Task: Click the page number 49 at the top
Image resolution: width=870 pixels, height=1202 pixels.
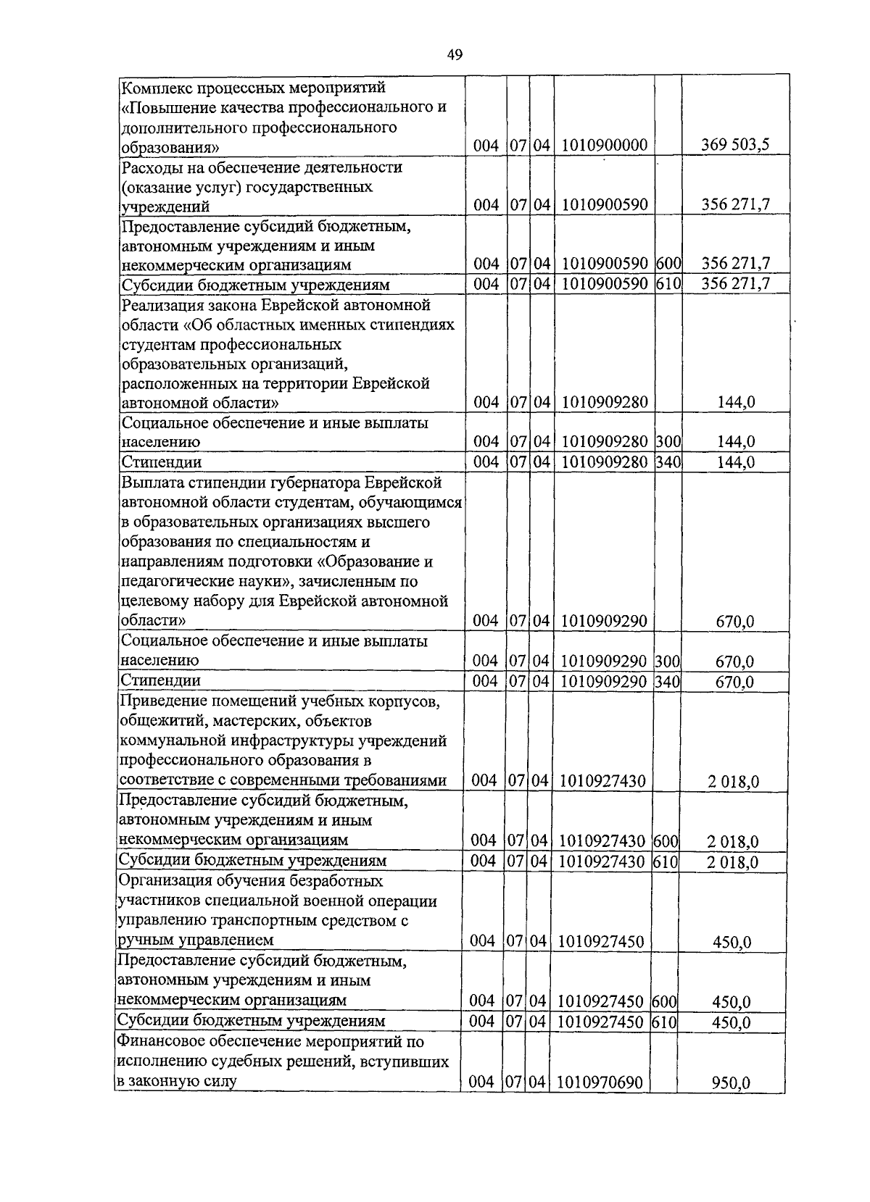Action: [455, 54]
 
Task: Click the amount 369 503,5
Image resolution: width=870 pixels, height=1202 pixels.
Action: [735, 145]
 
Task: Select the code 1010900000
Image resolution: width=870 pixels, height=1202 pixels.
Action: [603, 145]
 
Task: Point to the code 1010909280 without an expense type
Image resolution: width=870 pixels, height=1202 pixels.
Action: [603, 401]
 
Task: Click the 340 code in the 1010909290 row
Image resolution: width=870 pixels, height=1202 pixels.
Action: [667, 680]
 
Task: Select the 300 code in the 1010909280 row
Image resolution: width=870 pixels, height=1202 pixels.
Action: [667, 441]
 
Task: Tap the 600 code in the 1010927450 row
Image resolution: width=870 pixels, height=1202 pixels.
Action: [664, 1001]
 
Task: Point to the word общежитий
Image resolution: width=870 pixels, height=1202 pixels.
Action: [155, 721]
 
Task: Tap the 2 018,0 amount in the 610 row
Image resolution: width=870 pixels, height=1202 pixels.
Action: [733, 862]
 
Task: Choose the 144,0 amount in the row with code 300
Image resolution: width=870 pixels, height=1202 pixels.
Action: [735, 441]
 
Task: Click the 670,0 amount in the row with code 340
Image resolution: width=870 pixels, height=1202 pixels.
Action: [735, 682]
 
